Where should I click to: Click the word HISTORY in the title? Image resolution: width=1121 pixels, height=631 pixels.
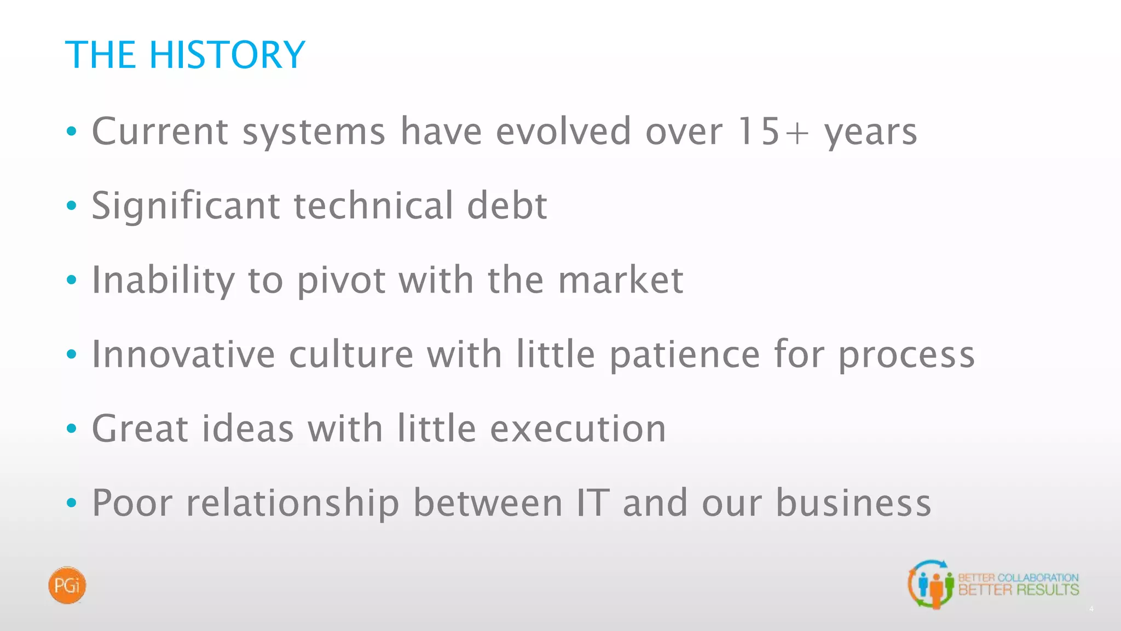coord(227,55)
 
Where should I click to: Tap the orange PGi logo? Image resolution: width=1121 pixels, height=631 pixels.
coord(67,586)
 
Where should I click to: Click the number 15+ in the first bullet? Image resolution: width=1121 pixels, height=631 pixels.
coord(773,131)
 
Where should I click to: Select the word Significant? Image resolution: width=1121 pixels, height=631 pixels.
coord(186,206)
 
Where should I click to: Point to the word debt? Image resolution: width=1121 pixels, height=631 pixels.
coord(507,206)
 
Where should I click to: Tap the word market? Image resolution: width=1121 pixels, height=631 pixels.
coord(621,280)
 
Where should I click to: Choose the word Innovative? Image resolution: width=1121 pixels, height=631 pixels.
coord(183,354)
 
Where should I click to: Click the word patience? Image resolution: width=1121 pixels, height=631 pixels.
coord(685,354)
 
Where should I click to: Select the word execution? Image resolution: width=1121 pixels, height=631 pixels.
coord(578,428)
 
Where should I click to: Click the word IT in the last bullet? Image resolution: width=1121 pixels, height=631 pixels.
coord(593,503)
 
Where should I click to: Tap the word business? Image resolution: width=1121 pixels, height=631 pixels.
coord(853,503)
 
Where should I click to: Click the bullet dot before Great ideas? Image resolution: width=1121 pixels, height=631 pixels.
coord(71,428)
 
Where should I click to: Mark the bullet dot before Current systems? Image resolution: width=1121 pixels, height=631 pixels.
coord(71,131)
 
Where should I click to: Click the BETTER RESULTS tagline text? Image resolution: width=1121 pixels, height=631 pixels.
coord(1018,590)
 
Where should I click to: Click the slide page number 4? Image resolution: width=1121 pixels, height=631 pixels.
coord(1091,609)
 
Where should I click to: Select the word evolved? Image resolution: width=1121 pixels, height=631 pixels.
coord(564,131)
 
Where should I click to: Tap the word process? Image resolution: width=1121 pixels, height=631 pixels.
coord(906,354)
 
